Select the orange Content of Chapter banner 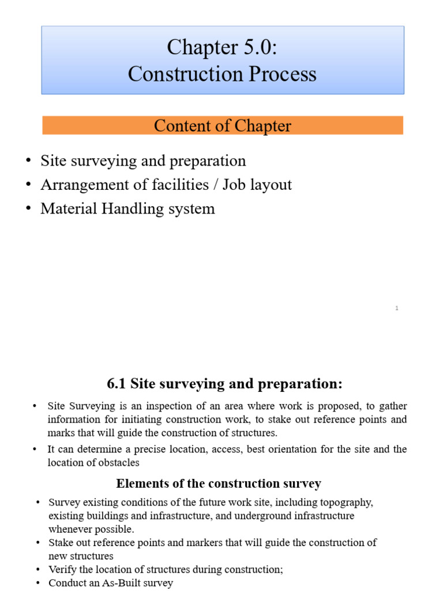[222, 126]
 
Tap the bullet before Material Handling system [28, 209]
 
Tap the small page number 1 [397, 309]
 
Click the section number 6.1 [117, 384]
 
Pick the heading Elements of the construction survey [219, 483]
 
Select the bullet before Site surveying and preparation [28, 161]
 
